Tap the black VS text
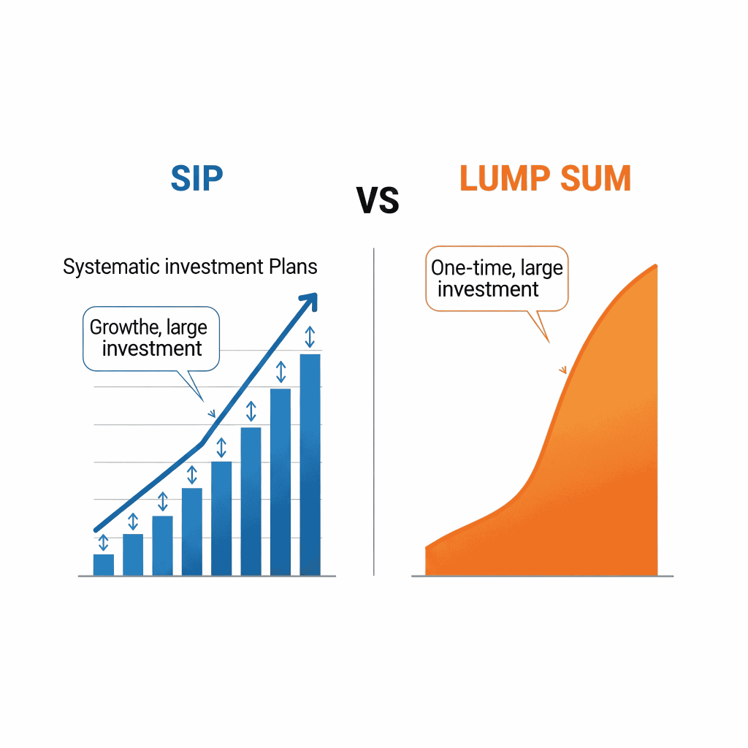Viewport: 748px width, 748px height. tap(378, 200)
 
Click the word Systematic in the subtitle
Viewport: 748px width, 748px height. tap(110, 267)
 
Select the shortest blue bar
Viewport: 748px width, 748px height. tap(104, 565)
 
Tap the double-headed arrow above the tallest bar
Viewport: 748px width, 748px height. tap(310, 337)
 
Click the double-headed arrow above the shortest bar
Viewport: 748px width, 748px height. tap(103, 542)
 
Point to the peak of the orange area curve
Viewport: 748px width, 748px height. tap(655, 267)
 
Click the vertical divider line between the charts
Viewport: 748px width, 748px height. tap(373, 409)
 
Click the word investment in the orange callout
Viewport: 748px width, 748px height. tap(488, 289)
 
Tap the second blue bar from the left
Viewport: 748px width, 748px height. tap(133, 554)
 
